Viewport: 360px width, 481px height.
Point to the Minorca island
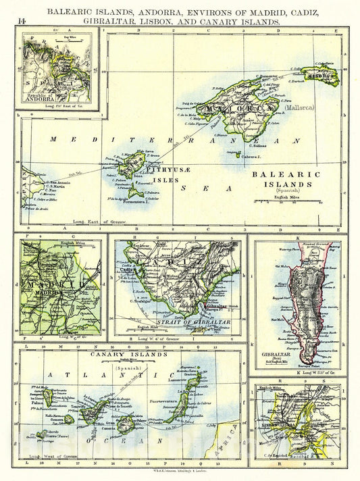point(323,76)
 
